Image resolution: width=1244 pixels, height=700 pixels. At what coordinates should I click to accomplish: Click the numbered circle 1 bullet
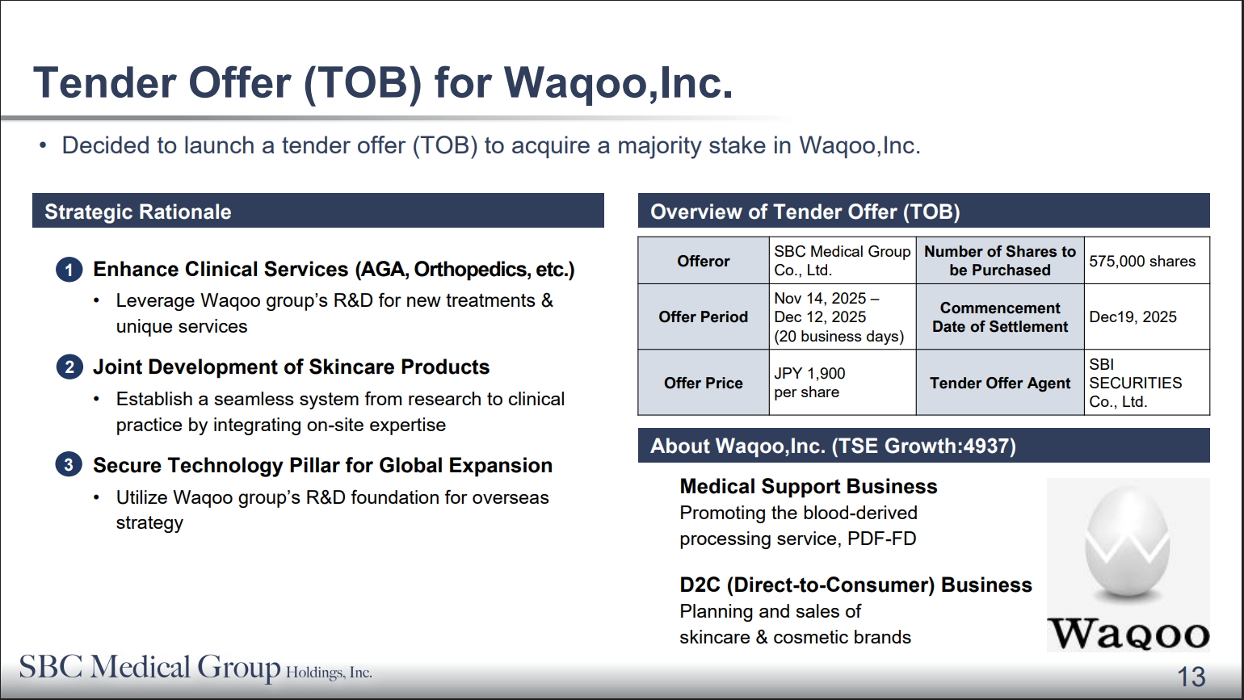[x=69, y=270]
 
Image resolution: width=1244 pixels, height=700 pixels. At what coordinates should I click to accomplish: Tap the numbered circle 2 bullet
[x=69, y=367]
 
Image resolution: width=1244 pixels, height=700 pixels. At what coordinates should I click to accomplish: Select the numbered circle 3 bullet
[x=69, y=464]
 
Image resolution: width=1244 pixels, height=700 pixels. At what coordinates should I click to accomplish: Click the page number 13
[x=1191, y=677]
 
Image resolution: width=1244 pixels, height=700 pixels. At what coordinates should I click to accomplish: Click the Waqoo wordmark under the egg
[x=1128, y=633]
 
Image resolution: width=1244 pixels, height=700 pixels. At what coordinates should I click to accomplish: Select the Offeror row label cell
[x=703, y=261]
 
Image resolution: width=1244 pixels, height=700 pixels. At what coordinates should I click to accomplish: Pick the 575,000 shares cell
[x=1146, y=261]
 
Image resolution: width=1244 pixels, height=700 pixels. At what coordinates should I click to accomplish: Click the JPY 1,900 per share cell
[x=843, y=383]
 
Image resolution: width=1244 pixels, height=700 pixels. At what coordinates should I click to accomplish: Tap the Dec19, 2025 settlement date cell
[x=1146, y=317]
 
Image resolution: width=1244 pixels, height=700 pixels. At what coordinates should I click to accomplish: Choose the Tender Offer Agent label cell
[x=1000, y=383]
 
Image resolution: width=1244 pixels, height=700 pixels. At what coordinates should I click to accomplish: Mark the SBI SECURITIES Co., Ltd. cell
[x=1146, y=383]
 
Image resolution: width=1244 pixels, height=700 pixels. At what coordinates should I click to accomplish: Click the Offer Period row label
[x=703, y=317]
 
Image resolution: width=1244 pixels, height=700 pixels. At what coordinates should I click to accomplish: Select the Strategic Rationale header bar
[x=318, y=211]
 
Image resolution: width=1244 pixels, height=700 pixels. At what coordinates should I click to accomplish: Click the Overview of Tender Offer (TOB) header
[x=923, y=211]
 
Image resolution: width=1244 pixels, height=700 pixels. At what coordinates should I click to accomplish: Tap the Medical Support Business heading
[x=808, y=486]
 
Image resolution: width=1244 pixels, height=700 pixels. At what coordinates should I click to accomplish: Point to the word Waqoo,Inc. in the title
[x=618, y=83]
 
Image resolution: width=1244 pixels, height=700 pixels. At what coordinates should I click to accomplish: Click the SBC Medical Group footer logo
[x=195, y=668]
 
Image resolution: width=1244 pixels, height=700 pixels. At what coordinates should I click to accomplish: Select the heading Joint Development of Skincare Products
[x=291, y=367]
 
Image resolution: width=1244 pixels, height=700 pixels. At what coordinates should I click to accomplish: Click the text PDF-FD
[x=881, y=539]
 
